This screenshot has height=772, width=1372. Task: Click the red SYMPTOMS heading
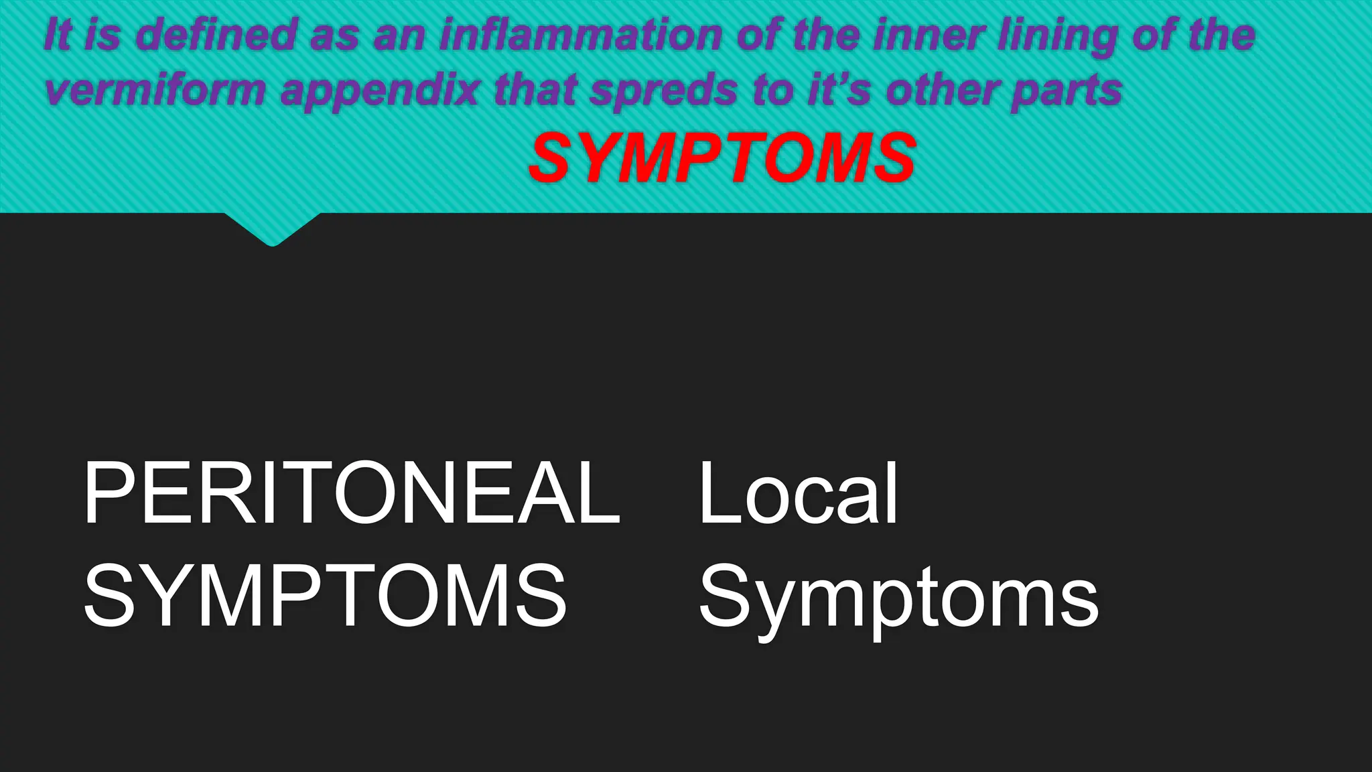[x=722, y=158]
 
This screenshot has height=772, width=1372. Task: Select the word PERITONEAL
[x=352, y=494]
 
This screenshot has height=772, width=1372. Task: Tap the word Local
[x=798, y=494]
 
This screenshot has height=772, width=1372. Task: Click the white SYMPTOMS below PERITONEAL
[x=326, y=596]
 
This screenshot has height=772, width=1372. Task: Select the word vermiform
[x=156, y=90]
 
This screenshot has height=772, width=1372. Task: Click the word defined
[x=217, y=35]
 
